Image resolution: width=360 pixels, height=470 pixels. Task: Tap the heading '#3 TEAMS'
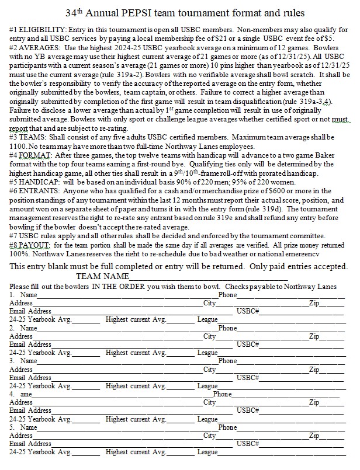pyautogui.click(x=27, y=137)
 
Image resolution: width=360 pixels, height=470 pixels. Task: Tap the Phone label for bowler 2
pyautogui.click(x=227, y=328)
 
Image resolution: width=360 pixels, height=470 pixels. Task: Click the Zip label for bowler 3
pyautogui.click(x=314, y=369)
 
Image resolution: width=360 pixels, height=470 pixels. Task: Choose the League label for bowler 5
pyautogui.click(x=207, y=452)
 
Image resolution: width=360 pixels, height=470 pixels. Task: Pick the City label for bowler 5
pyautogui.click(x=209, y=436)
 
